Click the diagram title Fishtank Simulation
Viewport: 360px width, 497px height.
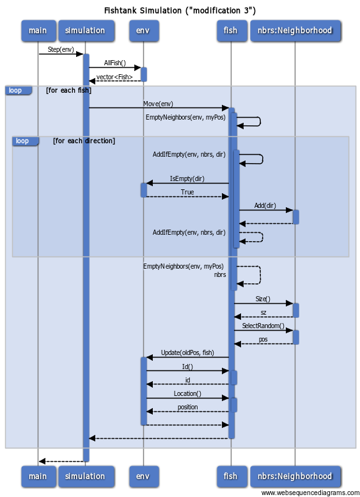(x=180, y=10)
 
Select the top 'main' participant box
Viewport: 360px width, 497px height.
(x=38, y=31)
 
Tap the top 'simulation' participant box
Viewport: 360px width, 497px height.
(x=86, y=31)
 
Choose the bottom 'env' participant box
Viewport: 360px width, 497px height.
(x=144, y=477)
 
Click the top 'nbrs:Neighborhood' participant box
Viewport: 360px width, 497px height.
(x=295, y=31)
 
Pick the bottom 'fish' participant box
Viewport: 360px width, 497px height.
(x=232, y=477)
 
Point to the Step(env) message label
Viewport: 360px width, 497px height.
(x=61, y=49)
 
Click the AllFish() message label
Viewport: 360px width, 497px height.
(x=114, y=63)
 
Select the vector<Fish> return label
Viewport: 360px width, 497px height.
(x=114, y=77)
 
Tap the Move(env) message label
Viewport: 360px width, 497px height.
(x=158, y=104)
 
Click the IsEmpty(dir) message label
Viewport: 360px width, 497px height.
(x=187, y=178)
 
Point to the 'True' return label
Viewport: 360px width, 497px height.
(x=187, y=192)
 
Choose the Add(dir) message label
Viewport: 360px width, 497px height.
(x=265, y=205)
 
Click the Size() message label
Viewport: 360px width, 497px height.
(x=263, y=299)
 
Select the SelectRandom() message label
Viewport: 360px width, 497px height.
(x=263, y=326)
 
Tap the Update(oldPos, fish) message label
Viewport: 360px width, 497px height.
(x=187, y=353)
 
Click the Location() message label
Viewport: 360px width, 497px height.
(x=187, y=393)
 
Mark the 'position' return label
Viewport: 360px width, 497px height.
(x=187, y=407)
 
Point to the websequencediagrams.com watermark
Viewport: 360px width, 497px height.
(x=310, y=493)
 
